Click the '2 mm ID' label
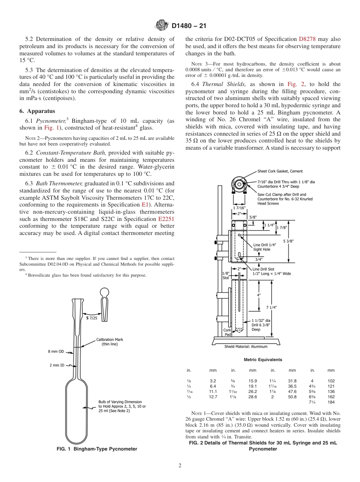57,365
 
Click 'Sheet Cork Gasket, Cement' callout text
280,171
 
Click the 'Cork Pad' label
227,332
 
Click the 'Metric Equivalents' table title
263,360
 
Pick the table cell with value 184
331,402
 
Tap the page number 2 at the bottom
180,466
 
